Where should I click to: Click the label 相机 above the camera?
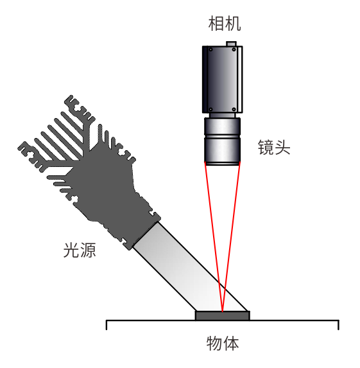coord(225,24)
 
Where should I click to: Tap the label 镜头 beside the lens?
coord(274,147)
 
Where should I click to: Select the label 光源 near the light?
coord(80,250)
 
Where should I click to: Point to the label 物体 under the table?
coord(223,344)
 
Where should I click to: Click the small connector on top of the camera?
coord(231,44)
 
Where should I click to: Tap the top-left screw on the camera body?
coord(211,49)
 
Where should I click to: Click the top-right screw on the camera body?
coord(234,49)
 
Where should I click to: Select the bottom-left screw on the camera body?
coord(211,109)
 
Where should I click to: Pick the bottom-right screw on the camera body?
coord(234,109)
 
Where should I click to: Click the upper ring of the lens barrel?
coord(222,127)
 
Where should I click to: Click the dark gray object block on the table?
coord(222,316)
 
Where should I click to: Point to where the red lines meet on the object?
coord(222,311)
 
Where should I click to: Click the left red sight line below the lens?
coord(214,236)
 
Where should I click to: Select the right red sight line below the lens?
coord(231,236)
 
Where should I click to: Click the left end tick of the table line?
coord(107,325)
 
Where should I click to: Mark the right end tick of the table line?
coord(338,325)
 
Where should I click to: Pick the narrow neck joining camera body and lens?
coord(222,115)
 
